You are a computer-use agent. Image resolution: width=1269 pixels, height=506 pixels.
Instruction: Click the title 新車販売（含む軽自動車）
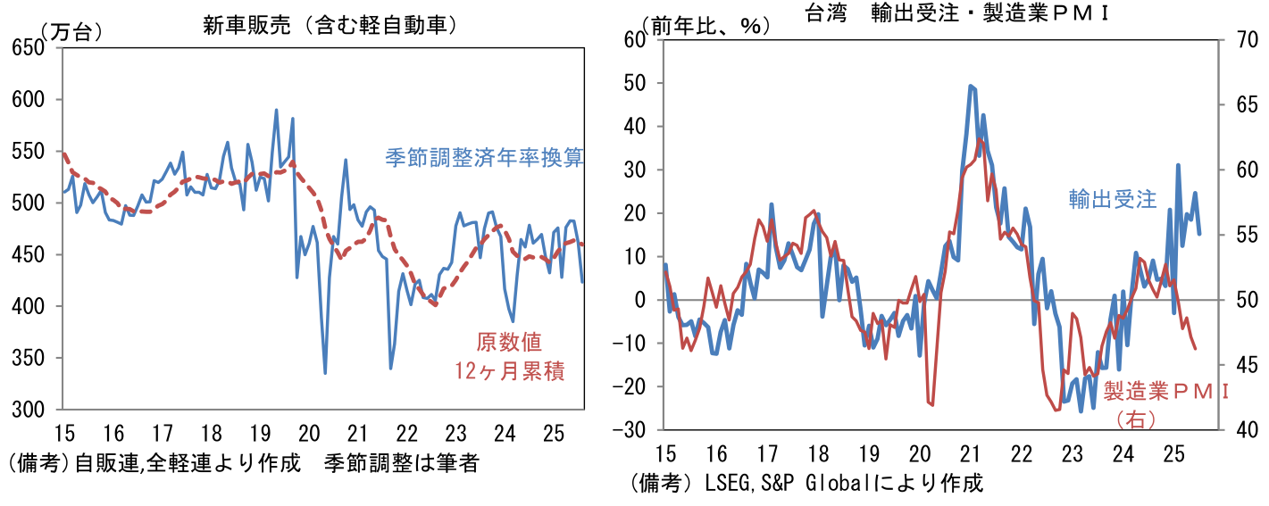(x=330, y=26)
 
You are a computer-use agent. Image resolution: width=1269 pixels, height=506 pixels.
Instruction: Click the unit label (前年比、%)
(x=705, y=25)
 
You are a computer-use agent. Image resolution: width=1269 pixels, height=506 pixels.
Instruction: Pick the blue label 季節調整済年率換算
(x=484, y=158)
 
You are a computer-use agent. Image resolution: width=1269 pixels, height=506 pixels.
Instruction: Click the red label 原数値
(x=509, y=342)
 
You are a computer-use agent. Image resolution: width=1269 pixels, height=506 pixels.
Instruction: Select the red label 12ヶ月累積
(x=510, y=371)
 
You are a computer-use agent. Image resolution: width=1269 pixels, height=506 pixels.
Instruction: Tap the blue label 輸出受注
(x=1112, y=199)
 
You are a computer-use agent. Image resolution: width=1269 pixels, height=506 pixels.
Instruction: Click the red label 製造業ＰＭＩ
(x=1166, y=391)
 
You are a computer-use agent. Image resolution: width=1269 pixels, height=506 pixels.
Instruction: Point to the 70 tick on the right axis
(x=1247, y=40)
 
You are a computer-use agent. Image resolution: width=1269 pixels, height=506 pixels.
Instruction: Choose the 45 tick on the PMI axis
(x=1247, y=365)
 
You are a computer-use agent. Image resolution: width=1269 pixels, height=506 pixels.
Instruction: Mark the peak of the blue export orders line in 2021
(x=970, y=86)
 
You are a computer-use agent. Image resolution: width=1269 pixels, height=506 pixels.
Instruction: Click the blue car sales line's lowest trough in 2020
(x=325, y=373)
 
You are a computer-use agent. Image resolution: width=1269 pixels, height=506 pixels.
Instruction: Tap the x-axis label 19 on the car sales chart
(x=260, y=435)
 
